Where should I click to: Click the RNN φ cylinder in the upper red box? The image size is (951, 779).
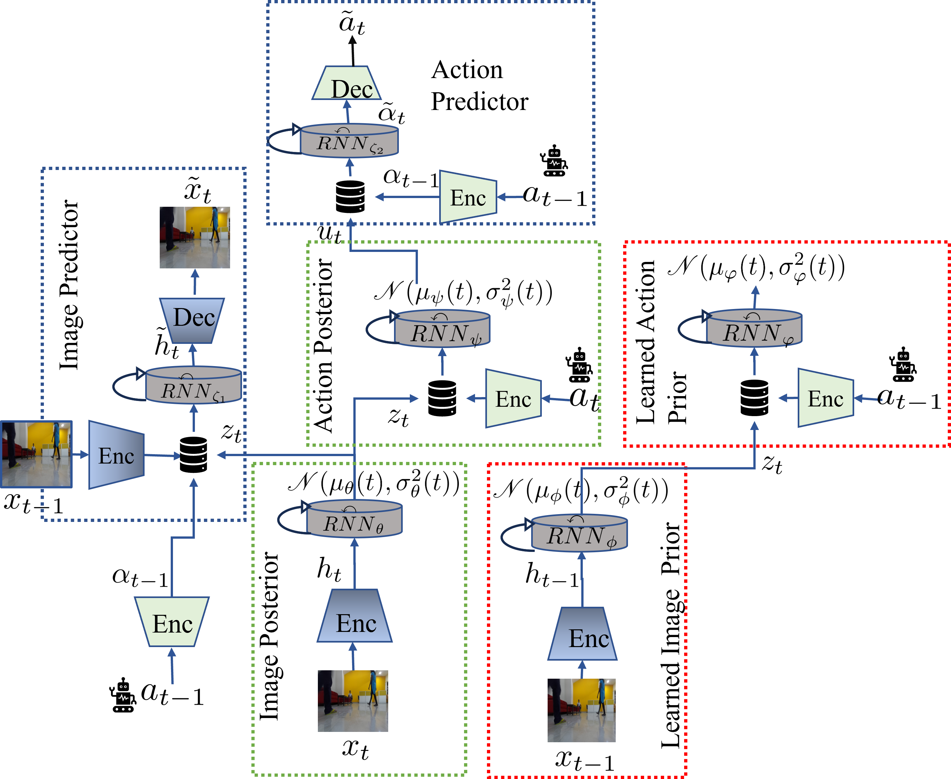(754, 328)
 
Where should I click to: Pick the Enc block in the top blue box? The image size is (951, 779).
(468, 197)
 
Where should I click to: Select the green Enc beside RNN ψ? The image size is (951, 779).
(513, 398)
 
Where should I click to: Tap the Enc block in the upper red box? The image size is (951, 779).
(825, 398)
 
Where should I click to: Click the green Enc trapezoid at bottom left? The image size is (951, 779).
(172, 622)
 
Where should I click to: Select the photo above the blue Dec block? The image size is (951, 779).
(195, 237)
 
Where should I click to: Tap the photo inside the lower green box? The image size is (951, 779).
(353, 701)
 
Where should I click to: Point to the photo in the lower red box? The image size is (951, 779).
(581, 710)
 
